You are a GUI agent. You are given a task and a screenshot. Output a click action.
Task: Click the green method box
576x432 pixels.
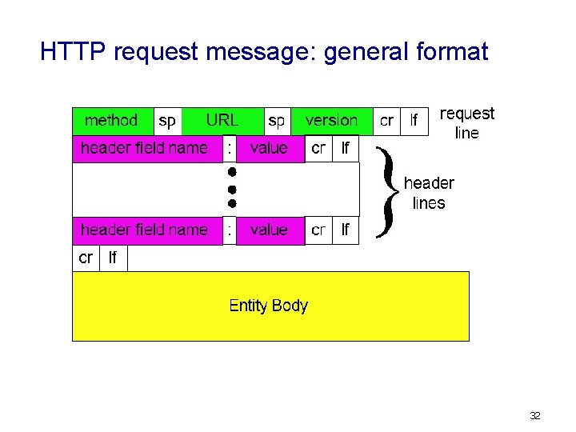112,121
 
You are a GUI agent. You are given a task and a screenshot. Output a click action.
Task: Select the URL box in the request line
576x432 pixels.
222,121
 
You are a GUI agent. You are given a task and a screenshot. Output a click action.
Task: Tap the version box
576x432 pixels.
331,121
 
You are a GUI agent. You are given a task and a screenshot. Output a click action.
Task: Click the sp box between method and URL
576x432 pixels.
167,121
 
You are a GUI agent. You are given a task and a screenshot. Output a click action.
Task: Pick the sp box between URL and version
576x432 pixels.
277,121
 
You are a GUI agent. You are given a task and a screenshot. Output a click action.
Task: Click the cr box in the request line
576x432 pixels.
386,121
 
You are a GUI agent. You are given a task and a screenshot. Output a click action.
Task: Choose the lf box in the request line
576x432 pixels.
414,121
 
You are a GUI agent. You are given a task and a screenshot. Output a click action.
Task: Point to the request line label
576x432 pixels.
467,123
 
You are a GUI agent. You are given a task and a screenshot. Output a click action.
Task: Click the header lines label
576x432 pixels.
429,193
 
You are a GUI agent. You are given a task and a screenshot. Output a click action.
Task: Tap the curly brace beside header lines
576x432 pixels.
387,192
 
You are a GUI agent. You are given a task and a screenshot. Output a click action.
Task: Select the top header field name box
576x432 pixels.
145,148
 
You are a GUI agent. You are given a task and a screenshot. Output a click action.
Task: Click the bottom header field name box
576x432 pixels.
145,230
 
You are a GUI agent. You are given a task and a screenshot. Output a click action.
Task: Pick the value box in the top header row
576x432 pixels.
270,148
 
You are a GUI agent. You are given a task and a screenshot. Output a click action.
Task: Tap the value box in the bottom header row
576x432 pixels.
270,230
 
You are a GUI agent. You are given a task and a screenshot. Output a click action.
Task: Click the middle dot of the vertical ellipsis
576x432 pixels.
230,189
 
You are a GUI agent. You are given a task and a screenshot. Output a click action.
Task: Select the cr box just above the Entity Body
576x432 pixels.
86,258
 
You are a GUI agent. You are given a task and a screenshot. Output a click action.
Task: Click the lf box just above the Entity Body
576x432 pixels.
113,258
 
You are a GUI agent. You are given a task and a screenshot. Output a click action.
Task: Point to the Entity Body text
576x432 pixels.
268,305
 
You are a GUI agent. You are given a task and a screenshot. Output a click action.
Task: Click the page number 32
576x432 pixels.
535,415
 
